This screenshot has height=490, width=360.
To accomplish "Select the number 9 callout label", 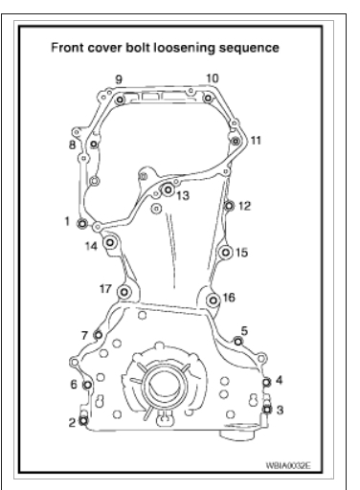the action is [x=119, y=79].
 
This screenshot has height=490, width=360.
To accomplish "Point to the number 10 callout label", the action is [x=213, y=78].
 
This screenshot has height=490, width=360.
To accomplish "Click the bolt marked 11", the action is [x=236, y=141].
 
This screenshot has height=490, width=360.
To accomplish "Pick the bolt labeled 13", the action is [x=168, y=189].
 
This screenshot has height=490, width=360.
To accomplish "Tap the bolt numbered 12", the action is [x=229, y=206].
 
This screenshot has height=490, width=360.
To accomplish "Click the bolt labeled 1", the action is [x=82, y=224].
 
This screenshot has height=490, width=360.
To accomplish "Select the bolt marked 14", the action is [x=110, y=243].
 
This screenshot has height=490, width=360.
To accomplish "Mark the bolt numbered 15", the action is [x=226, y=253].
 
